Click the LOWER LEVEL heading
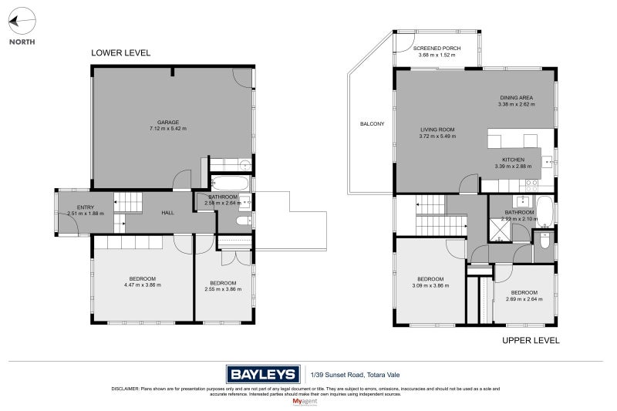click(120, 53)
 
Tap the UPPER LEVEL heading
click(530, 340)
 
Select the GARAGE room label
click(168, 122)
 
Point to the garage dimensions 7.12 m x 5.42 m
click(168, 129)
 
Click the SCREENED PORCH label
click(437, 49)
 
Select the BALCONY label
click(372, 123)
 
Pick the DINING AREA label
click(516, 97)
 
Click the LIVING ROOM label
click(437, 130)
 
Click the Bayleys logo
click(261, 375)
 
